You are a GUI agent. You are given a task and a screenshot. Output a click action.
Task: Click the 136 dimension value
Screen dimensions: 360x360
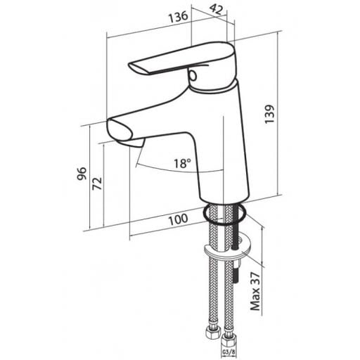[179, 17]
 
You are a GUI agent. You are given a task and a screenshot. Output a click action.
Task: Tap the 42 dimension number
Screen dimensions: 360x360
[216, 10]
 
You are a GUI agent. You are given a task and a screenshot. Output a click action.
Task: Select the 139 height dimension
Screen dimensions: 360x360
[269, 114]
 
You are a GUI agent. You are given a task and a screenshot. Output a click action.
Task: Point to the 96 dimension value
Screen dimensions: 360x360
[82, 174]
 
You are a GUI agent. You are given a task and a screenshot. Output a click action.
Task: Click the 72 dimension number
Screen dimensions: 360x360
[97, 184]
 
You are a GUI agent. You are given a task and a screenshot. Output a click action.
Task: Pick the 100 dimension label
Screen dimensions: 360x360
[179, 219]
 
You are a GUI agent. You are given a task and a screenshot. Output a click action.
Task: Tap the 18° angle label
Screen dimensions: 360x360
[182, 163]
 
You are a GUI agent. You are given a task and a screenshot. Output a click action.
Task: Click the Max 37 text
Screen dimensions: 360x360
[255, 291]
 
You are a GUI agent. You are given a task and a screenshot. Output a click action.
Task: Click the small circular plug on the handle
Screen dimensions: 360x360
[193, 75]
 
